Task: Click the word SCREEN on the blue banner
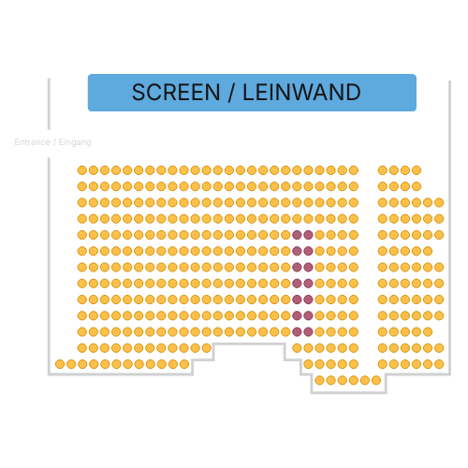tap(176, 93)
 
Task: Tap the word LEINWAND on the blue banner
tap(301, 93)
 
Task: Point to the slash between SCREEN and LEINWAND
tap(231, 93)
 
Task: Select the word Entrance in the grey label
tap(33, 142)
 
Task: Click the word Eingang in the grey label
tap(75, 142)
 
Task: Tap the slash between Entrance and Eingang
tap(54, 142)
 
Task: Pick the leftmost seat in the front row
tap(82, 170)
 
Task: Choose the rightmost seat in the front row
tap(417, 170)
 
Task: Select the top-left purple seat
tap(297, 235)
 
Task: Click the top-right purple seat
tap(308, 235)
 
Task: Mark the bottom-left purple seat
tap(297, 332)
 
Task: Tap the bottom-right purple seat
tap(308, 332)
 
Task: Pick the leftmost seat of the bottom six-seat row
tap(319, 380)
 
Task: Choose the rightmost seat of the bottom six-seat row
tap(376, 380)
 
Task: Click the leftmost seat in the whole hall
tap(60, 364)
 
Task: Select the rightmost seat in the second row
tap(417, 186)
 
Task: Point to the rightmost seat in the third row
tap(439, 203)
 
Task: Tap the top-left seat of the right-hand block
tap(383, 170)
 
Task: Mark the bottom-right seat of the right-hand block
tap(439, 364)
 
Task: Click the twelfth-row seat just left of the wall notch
tap(207, 348)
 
